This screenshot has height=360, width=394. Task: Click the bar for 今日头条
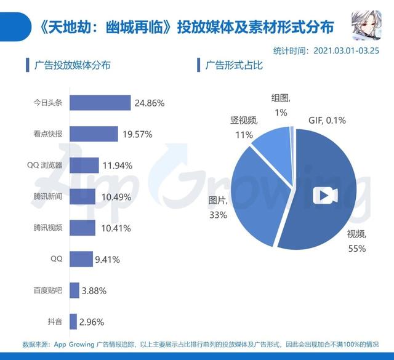click(100, 103)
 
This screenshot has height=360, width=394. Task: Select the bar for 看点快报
click(93, 134)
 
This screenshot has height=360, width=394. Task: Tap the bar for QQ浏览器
click(84, 165)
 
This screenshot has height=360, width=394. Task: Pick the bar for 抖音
click(73, 321)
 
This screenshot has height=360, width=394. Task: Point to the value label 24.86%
click(149, 103)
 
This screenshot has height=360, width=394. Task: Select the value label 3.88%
click(95, 290)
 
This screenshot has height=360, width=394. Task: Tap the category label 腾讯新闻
click(49, 196)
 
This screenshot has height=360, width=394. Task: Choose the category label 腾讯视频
click(49, 228)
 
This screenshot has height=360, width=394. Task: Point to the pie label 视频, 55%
click(356, 241)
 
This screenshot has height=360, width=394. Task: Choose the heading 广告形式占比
click(233, 64)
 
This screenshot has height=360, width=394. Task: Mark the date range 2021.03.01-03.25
click(347, 50)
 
